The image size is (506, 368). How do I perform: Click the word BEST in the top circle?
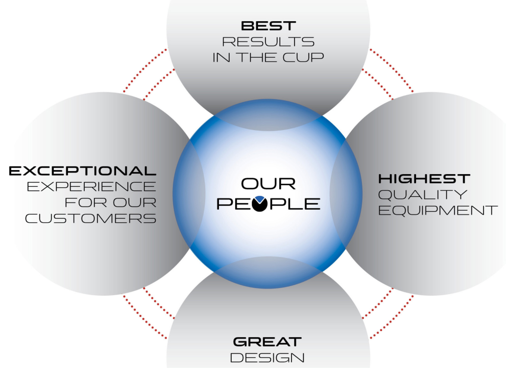coord(268,26)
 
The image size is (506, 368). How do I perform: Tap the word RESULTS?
coord(268,42)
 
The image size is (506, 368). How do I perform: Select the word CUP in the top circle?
coord(303,57)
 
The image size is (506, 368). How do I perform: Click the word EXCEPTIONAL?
coord(82,171)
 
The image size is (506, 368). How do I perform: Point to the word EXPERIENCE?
coord(91,186)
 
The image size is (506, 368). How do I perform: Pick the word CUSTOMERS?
coord(91,218)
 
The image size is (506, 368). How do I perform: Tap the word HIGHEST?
coord(424,179)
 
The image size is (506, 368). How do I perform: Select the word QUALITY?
coord(422,195)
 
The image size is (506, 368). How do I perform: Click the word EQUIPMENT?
coord(438,210)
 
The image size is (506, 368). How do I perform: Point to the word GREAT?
coord(267,342)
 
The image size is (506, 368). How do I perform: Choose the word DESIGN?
coord(267,358)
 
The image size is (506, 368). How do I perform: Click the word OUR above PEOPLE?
coord(268,184)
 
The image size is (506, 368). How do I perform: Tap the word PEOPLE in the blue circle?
coord(268,204)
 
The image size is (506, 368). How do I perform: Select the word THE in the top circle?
coord(258,57)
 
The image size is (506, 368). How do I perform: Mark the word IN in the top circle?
coord(221,57)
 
